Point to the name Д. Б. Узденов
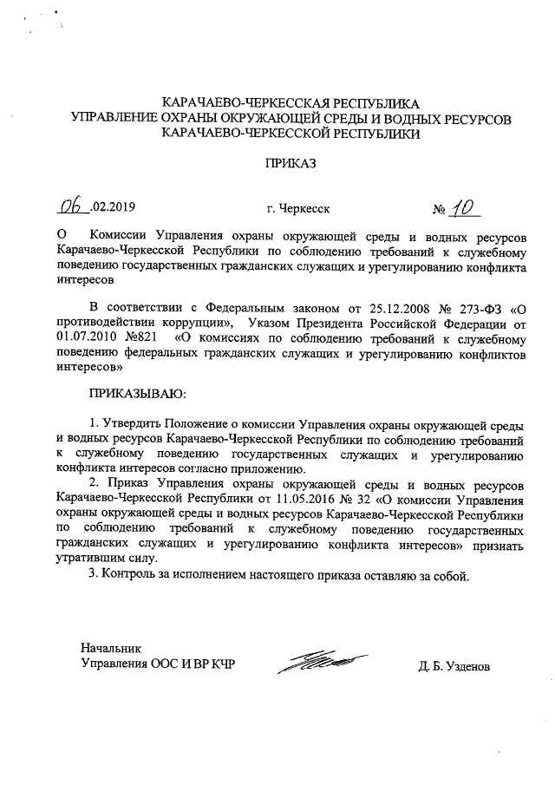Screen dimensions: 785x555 (453, 668)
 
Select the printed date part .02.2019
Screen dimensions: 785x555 (114, 208)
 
